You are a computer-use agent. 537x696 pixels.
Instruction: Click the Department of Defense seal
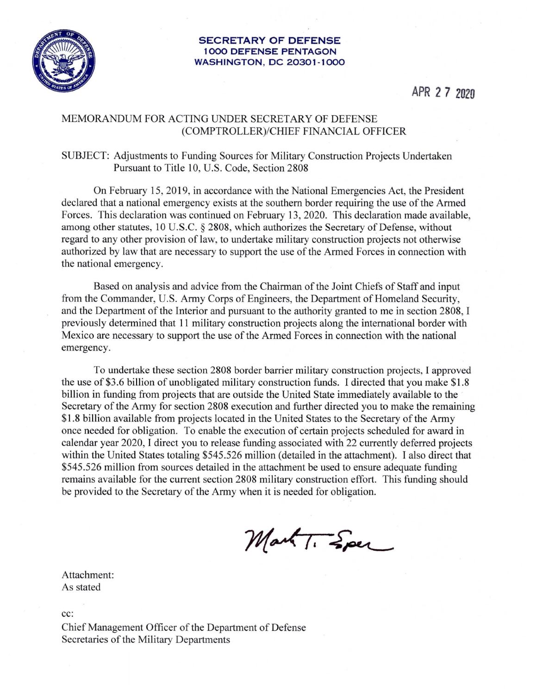62,61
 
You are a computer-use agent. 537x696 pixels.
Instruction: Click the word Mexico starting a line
77,335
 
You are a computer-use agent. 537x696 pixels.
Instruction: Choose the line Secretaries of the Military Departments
146,640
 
